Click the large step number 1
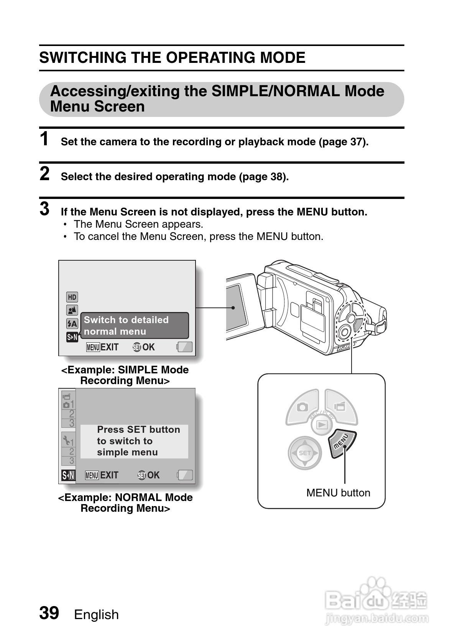(44, 139)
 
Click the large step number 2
(44, 174)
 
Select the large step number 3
(44, 209)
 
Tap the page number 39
(49, 613)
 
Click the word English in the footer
(96, 614)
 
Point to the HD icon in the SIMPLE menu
(72, 297)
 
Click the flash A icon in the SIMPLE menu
(72, 324)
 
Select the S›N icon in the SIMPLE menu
(72, 337)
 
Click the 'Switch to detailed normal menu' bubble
(134, 325)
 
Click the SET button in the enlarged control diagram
(305, 453)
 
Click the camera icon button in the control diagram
(303, 407)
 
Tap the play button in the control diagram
(322, 425)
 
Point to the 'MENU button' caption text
(338, 493)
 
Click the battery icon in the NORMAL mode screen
(185, 475)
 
